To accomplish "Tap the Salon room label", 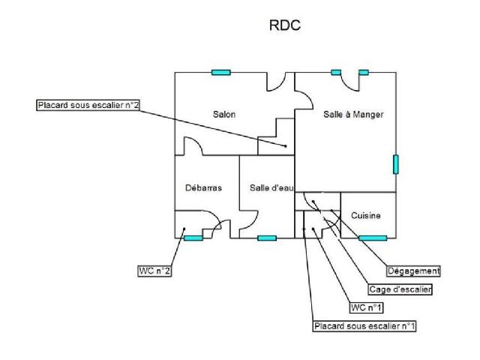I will point(223,115).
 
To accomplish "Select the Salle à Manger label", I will point(353,115).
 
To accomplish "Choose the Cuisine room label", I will point(366,216).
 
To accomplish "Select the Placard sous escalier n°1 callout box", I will point(364,326).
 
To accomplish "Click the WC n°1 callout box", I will point(367,307).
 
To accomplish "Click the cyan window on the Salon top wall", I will point(220,72).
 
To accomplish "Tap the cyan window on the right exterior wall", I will point(395,164).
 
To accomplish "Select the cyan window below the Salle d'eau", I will point(267,238).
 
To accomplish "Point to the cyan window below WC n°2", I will point(193,238).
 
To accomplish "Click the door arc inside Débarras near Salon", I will point(191,146).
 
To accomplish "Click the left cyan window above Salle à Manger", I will point(336,72).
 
